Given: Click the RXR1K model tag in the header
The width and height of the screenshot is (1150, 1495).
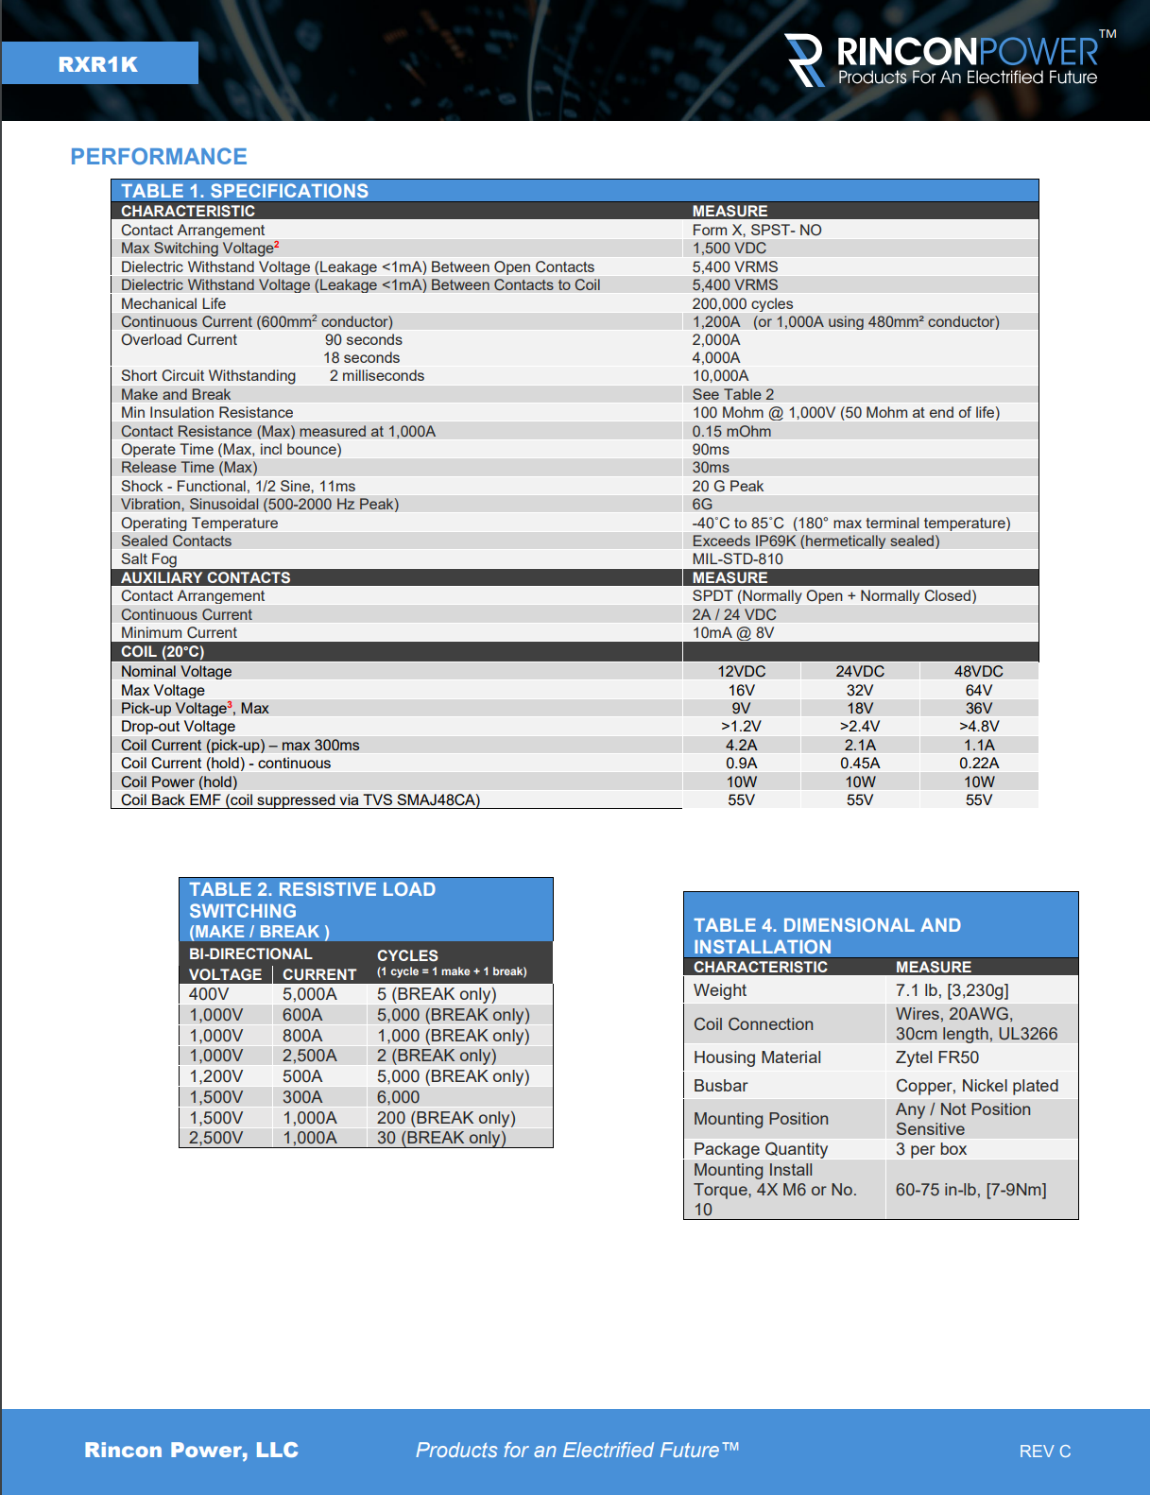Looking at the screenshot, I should pos(98,64).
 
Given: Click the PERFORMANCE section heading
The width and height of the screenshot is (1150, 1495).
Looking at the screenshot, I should pos(159,157).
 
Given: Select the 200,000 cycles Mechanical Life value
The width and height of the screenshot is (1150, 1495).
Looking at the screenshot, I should pos(742,304).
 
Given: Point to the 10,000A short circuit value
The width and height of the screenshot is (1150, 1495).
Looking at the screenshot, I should pos(720,376).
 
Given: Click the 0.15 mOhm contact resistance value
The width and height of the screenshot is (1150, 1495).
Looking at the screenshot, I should pos(731,432).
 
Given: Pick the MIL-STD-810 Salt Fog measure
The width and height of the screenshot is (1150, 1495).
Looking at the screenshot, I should pos(737,559).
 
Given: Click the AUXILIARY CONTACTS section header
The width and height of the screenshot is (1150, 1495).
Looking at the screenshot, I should pos(205,577).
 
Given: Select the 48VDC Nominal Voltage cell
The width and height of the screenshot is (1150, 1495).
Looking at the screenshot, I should pos(978,672).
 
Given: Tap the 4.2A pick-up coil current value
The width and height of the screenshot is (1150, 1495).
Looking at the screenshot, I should pos(741,746).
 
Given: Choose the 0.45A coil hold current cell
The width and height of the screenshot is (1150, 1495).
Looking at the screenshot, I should pos(859,764).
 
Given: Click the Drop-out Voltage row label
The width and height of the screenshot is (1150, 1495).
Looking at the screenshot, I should pos(178,727).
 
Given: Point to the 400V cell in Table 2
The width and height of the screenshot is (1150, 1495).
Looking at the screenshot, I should pos(209,994).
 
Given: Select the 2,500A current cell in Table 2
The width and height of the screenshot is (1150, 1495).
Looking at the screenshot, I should pos(309,1056).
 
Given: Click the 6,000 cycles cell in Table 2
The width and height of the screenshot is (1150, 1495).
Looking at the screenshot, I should pos(398,1097).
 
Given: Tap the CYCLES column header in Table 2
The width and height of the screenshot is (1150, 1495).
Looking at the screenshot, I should pos(407,955).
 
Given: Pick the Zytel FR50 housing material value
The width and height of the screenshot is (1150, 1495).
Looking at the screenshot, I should pos(936,1057).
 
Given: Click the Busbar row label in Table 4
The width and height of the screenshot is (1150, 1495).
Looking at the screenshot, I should pos(720,1086).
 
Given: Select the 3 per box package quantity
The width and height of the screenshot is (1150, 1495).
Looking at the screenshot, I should pos(931,1149).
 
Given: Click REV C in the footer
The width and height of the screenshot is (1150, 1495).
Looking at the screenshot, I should pos(1044,1452).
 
